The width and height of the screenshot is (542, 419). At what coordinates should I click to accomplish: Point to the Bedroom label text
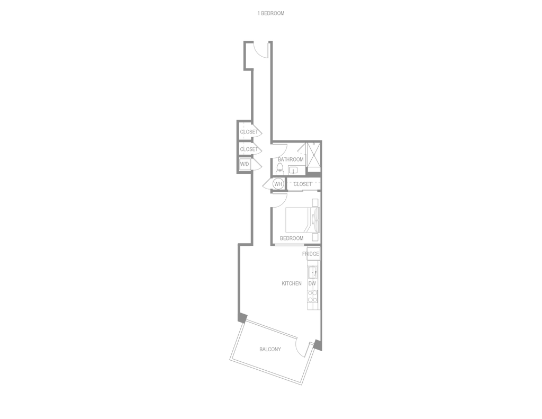click(x=292, y=238)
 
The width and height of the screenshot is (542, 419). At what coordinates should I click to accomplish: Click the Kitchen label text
click(x=292, y=284)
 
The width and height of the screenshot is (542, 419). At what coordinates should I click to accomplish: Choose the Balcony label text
click(x=270, y=349)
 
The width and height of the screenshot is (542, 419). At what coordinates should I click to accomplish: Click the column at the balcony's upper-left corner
click(x=243, y=317)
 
